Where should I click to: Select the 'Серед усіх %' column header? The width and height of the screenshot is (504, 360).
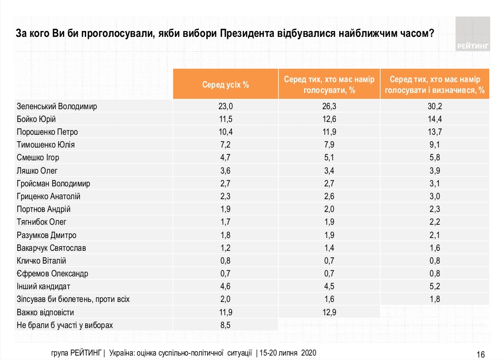point(225,85)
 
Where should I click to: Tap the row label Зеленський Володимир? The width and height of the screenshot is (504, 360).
point(57,106)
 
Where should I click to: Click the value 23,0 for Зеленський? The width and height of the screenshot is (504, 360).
point(225,106)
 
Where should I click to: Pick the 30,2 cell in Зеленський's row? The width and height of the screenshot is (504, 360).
point(435,106)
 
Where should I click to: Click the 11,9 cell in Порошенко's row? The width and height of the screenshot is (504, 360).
point(329,132)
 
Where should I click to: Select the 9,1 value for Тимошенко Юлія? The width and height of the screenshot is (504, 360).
point(435,145)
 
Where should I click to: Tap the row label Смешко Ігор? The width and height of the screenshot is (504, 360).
point(37,157)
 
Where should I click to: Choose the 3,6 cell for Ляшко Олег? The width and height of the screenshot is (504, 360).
point(225,170)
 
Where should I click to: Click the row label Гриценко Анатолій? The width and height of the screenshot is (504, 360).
point(48,196)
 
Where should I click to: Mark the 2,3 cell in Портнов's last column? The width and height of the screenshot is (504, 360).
point(435,209)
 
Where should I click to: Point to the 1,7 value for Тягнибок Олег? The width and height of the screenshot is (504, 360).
point(225,222)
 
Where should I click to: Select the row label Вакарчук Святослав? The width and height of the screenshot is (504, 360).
point(51,247)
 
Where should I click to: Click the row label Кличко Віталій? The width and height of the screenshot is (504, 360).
point(41,260)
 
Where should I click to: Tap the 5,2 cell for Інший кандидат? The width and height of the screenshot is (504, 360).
point(435,286)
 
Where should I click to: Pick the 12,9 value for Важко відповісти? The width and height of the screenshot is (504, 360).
point(329,312)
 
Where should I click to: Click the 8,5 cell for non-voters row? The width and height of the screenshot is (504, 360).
point(225,325)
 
